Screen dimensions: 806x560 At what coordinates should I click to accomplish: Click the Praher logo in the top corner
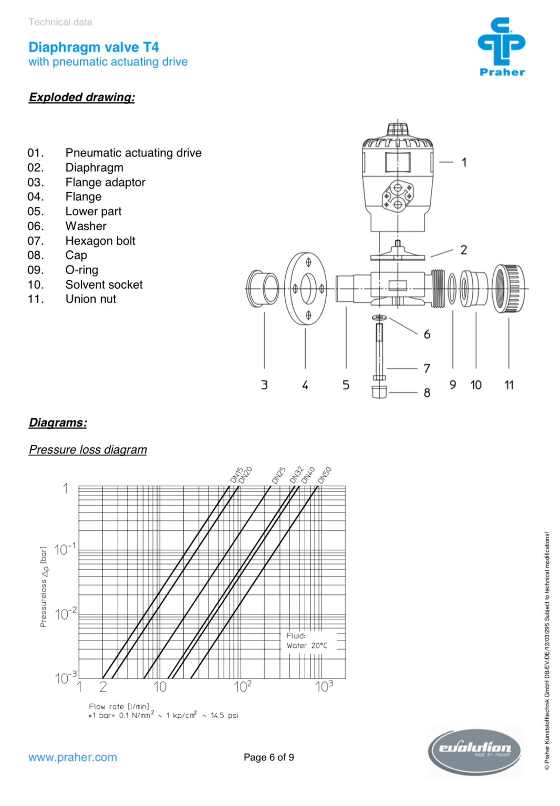(x=502, y=46)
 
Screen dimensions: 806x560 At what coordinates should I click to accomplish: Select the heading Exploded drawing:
(x=82, y=97)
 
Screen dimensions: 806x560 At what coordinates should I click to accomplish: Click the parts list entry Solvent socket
(x=104, y=285)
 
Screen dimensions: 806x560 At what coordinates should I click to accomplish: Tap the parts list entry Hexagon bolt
(x=100, y=241)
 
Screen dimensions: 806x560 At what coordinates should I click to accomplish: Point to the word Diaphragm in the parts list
(x=95, y=168)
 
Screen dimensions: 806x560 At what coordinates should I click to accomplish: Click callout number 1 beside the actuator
(x=464, y=162)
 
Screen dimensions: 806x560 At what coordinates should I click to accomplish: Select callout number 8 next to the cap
(x=427, y=393)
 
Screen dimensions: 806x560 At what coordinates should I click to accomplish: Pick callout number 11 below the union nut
(x=509, y=385)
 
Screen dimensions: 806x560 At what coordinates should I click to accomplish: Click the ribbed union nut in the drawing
(x=509, y=288)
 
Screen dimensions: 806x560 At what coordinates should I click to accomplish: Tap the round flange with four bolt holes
(x=306, y=288)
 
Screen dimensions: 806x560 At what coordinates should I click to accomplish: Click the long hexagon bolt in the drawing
(x=379, y=350)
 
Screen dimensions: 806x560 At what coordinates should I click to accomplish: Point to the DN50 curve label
(x=325, y=475)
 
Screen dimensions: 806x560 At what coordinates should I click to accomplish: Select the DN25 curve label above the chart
(x=278, y=475)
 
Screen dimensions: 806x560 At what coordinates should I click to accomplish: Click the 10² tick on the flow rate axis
(x=243, y=686)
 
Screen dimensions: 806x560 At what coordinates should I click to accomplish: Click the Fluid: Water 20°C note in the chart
(x=307, y=641)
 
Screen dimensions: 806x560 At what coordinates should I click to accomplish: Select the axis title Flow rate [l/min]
(x=119, y=706)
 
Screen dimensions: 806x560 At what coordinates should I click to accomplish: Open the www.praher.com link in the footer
(x=72, y=757)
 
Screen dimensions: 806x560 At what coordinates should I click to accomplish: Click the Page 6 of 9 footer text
(x=269, y=757)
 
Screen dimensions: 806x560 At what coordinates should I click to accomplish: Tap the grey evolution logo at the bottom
(x=474, y=752)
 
